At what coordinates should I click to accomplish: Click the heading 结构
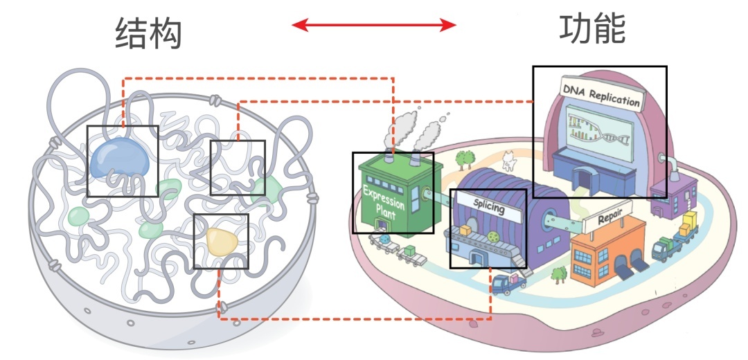[148, 33]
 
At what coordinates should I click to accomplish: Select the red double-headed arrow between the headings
[373, 26]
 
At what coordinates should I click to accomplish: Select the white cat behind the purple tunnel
[510, 161]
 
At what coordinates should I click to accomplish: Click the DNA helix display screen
[600, 130]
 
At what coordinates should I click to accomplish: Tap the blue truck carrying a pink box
[507, 283]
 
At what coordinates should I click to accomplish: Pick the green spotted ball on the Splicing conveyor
[493, 236]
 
